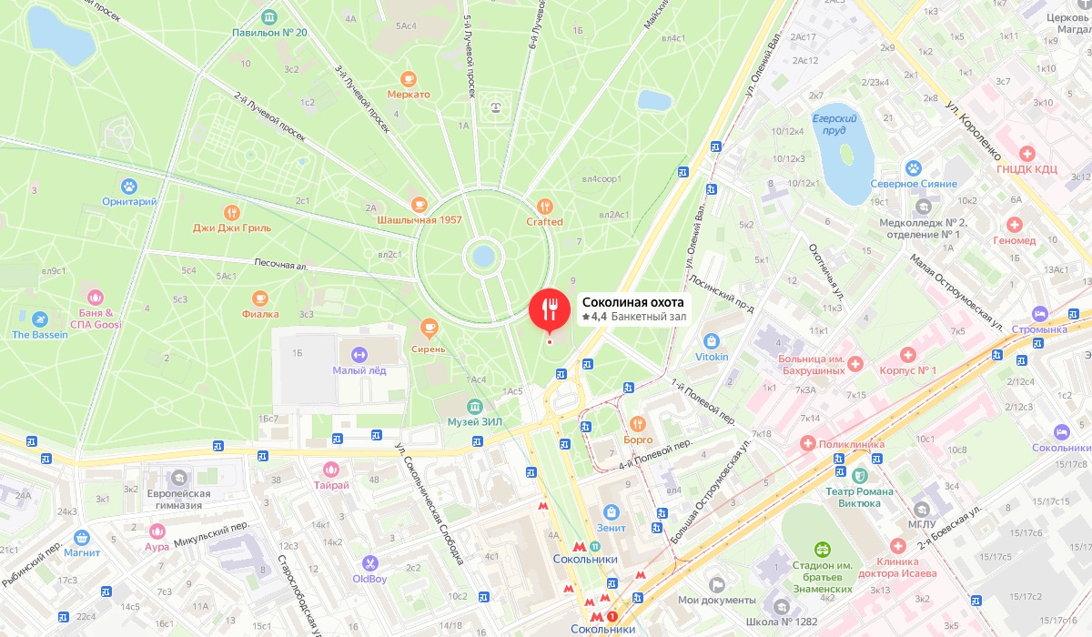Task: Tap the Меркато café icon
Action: pos(409,78)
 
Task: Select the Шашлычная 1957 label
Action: pos(420,220)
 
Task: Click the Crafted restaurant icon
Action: pos(544,207)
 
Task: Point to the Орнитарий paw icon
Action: pos(130,186)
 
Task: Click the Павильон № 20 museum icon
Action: pos(269,17)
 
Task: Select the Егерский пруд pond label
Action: pos(834,125)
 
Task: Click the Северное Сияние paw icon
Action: pos(913,168)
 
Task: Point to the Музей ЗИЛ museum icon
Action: pos(474,407)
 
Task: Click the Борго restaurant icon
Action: pos(638,423)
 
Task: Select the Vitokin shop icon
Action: pos(712,341)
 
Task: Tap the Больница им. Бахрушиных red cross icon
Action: pos(855,364)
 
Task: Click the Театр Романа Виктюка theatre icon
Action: pos(859,475)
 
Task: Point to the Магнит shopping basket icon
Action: pos(82,537)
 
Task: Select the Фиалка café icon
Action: pos(260,298)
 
